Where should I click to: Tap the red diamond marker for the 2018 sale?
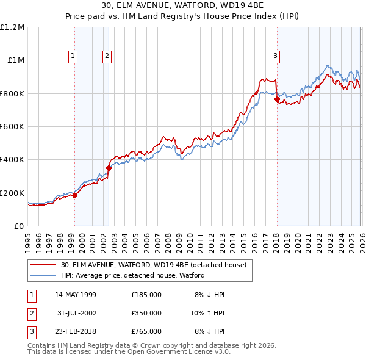pos(277,99)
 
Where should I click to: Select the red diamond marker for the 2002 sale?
pos(109,168)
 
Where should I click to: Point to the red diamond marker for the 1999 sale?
pos(74,195)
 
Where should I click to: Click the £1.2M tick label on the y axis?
pos(12,27)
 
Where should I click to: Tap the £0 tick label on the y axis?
pos(18,226)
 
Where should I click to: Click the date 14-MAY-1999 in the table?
pos(76,295)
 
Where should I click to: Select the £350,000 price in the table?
pos(146,313)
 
